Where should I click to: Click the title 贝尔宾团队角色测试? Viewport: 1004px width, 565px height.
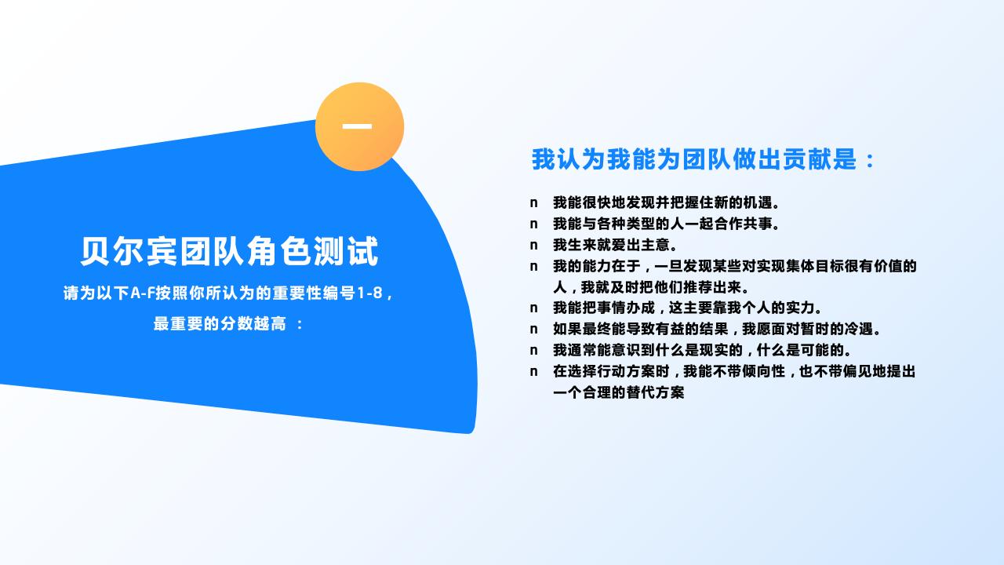229,252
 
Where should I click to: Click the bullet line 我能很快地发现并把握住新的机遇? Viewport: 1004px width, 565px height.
666,203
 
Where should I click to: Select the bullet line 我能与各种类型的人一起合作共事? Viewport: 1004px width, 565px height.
666,224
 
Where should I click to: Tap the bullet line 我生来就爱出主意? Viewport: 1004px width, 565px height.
615,246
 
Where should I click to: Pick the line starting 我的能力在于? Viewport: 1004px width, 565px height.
734,266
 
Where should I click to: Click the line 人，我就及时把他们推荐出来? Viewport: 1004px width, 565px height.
651,287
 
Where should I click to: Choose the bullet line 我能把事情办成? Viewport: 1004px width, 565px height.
687,308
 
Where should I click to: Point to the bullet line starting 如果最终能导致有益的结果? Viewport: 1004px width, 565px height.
717,330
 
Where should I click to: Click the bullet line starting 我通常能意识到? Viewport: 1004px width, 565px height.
702,350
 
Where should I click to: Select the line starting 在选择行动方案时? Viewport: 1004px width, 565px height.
734,371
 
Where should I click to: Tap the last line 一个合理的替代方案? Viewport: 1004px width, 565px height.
618,392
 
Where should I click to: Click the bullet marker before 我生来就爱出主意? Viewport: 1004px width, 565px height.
533,246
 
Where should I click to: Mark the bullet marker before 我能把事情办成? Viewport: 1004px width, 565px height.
533,308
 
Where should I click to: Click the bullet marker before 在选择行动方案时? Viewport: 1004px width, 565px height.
533,371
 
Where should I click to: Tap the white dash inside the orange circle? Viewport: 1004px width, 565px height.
357,126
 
